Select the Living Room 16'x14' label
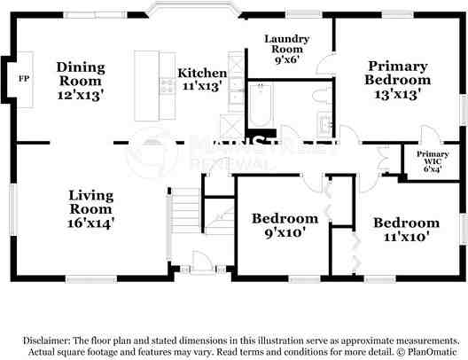pyautogui.click(x=91, y=210)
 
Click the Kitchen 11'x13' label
pyautogui.click(x=202, y=80)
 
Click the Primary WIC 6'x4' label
pyautogui.click(x=433, y=160)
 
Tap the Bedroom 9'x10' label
pyautogui.click(x=285, y=225)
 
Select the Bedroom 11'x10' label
pyautogui.click(x=405, y=229)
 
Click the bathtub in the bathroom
pyautogui.click(x=261, y=104)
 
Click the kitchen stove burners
pyautogui.click(x=167, y=86)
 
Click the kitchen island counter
pyautogui.click(x=146, y=86)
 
